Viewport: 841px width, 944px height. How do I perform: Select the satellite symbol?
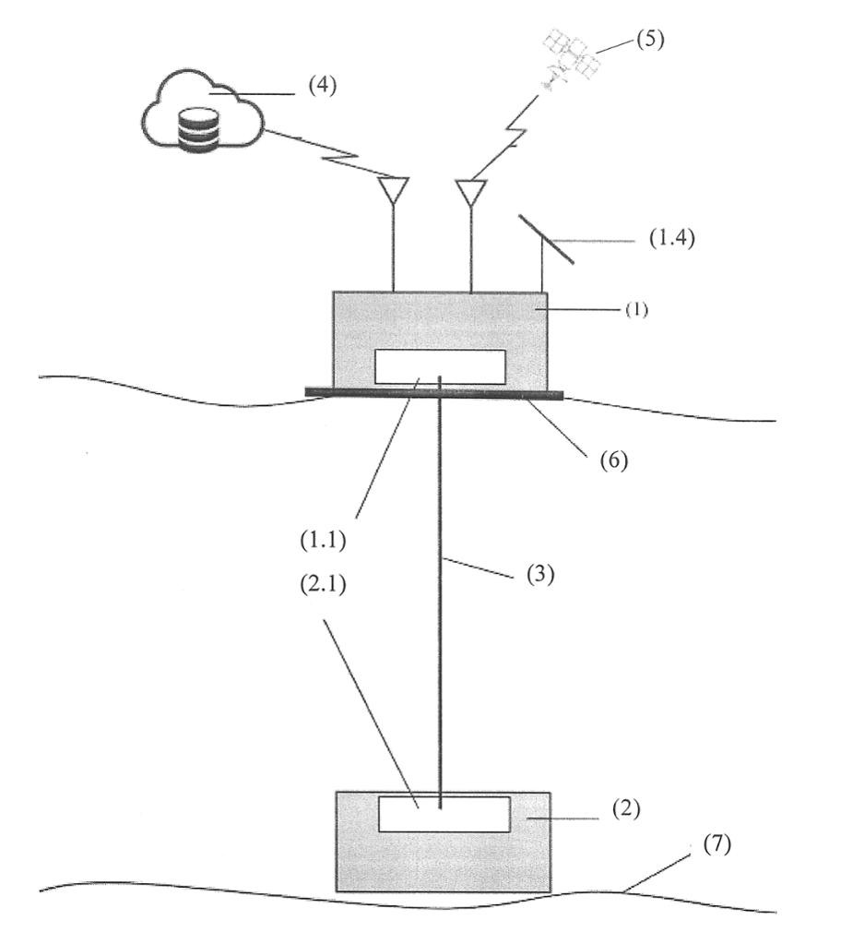click(x=568, y=57)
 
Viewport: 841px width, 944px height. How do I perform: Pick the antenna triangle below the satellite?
click(x=471, y=192)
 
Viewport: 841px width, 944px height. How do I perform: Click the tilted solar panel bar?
click(x=545, y=238)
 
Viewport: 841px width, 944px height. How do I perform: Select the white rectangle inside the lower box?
click(x=444, y=813)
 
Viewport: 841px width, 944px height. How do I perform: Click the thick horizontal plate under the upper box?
click(x=433, y=394)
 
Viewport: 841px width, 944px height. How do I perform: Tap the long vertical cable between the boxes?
click(x=440, y=600)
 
